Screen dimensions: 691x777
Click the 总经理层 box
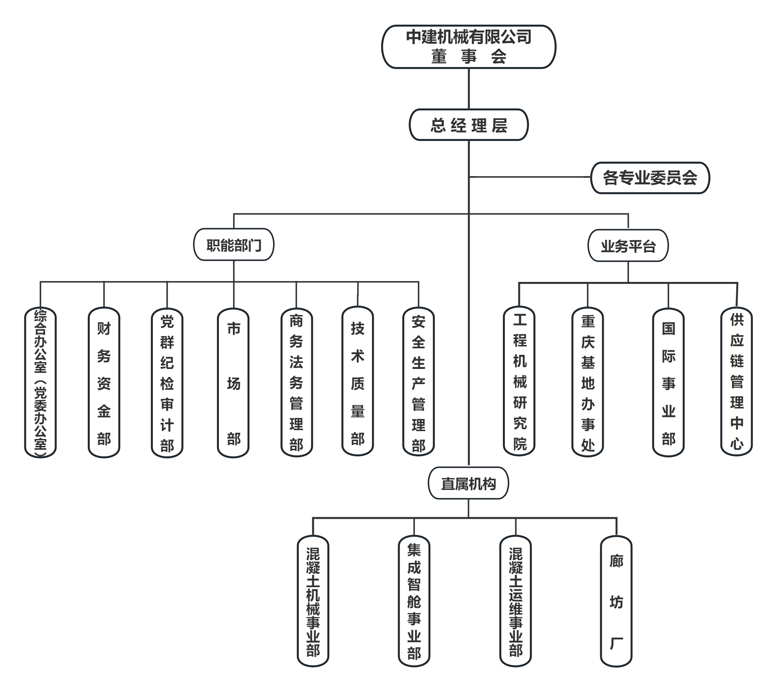[x=468, y=125]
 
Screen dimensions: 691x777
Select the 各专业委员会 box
[x=650, y=178]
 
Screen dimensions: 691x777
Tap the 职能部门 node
[x=234, y=245]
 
